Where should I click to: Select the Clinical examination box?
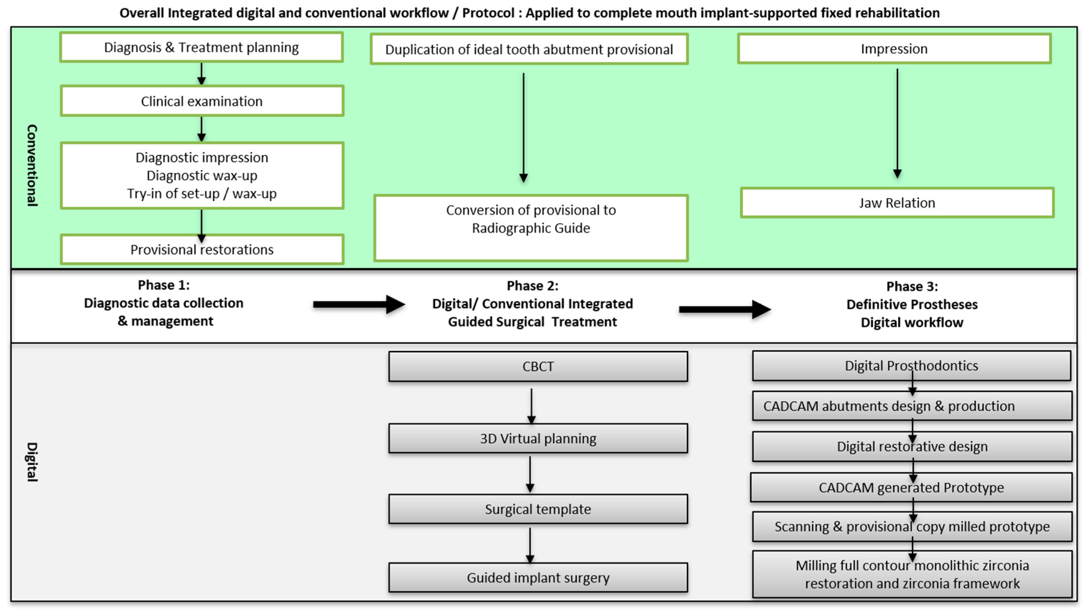pos(202,101)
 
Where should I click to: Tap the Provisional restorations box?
pos(202,250)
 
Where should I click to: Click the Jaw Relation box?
pos(897,203)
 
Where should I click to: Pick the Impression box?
pos(894,49)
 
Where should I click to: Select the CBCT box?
pos(538,366)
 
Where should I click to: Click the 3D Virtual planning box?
pos(538,438)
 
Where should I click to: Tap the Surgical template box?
pos(538,509)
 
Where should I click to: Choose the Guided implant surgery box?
pos(538,578)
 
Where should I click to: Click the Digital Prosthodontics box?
pos(911,365)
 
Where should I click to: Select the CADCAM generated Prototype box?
pos(911,487)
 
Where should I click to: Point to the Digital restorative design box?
pos(912,447)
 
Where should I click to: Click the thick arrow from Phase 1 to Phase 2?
pos(358,304)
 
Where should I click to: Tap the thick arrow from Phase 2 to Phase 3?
pos(724,309)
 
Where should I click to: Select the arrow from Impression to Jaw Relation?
pos(897,122)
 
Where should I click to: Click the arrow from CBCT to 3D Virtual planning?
pos(531,405)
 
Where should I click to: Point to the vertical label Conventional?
pos(32,165)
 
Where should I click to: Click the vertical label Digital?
pos(32,462)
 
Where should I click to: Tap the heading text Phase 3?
pos(912,287)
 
